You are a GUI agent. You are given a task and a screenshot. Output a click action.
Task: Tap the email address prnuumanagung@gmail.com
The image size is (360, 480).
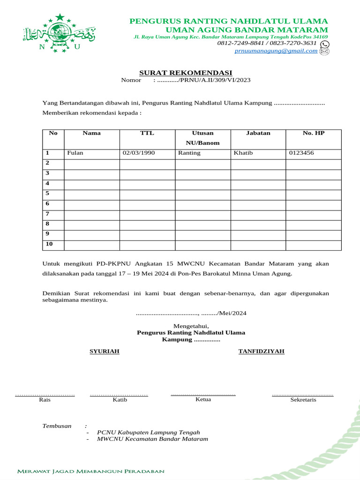tap(276, 51)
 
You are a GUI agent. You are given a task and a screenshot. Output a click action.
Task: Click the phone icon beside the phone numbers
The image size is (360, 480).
tap(324, 44)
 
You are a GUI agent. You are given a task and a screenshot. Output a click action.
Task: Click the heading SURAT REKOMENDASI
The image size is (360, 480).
tap(186, 73)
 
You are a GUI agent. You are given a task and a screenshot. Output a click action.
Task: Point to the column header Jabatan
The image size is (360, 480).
tap(258, 133)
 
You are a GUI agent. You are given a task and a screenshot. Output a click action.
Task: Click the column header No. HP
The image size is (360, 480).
tap(313, 133)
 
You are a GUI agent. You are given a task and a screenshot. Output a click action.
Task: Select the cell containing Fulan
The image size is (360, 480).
tap(75, 153)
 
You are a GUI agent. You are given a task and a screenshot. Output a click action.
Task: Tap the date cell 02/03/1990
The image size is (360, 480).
tap(139, 153)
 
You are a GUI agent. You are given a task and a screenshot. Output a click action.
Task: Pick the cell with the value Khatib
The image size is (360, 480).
tap(243, 153)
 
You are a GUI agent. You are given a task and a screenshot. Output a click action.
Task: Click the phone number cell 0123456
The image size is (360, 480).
tap(301, 153)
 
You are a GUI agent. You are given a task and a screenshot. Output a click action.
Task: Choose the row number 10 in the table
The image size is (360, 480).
tap(49, 244)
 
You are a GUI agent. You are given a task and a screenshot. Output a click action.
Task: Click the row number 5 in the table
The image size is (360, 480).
tap(47, 193)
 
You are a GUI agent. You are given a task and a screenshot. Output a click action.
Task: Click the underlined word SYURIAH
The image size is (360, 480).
tap(105, 351)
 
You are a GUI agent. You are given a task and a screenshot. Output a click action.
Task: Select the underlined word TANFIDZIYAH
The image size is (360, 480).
tap(261, 351)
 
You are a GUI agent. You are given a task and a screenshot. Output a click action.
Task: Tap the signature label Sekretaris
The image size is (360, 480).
tap(303, 400)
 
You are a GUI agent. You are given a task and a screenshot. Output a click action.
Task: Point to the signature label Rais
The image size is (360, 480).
tap(45, 400)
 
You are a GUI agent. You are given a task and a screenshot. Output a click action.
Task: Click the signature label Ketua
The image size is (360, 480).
tap(203, 399)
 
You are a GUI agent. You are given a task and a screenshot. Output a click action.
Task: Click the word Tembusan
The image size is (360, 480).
tap(57, 426)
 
